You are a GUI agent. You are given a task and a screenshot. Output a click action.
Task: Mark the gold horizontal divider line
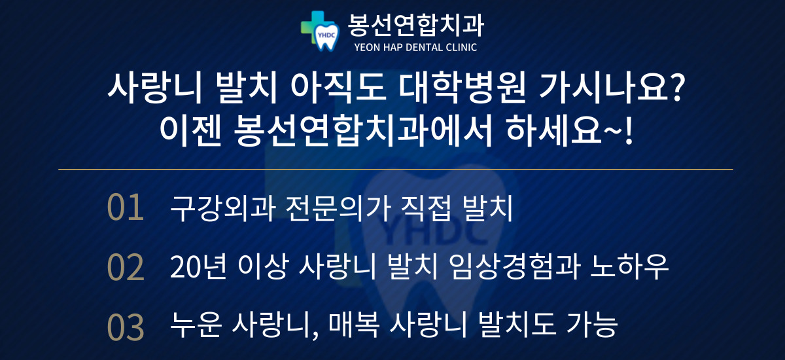coord(396,170)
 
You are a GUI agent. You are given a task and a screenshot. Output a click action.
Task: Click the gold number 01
coord(126,207)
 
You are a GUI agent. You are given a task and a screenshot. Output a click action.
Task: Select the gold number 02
coord(126,268)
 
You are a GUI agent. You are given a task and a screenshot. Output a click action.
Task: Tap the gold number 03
coord(126,327)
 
